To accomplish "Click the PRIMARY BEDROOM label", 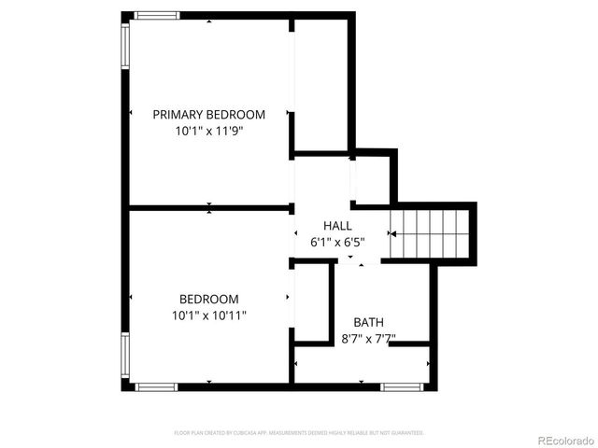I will tap(208, 115).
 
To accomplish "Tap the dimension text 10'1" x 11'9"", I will tap(208, 132).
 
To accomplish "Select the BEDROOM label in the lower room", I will tap(208, 299).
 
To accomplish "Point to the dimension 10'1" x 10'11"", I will tap(208, 315).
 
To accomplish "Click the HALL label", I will tap(337, 226).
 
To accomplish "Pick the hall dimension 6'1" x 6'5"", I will tap(337, 242).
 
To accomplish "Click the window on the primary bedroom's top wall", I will tap(157, 15).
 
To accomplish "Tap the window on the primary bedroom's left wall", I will tap(125, 46).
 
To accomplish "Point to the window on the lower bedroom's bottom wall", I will tap(157, 385).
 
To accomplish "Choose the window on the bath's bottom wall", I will tap(403, 385).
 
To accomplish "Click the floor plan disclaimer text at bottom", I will tap(299, 433).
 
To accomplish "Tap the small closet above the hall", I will tap(372, 177).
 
